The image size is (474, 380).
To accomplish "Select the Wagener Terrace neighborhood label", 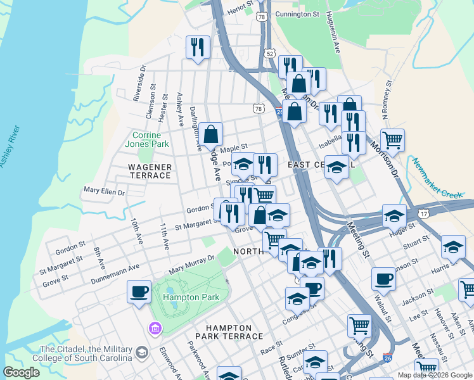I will (x=150, y=171).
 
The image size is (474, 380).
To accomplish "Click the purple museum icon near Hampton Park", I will (x=155, y=327).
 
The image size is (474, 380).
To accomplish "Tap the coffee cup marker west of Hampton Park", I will (x=139, y=292).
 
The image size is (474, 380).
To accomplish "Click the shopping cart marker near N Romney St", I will (x=392, y=139).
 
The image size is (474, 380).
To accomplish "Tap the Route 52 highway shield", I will (x=270, y=53).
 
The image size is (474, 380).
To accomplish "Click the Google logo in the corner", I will (x=21, y=372).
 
